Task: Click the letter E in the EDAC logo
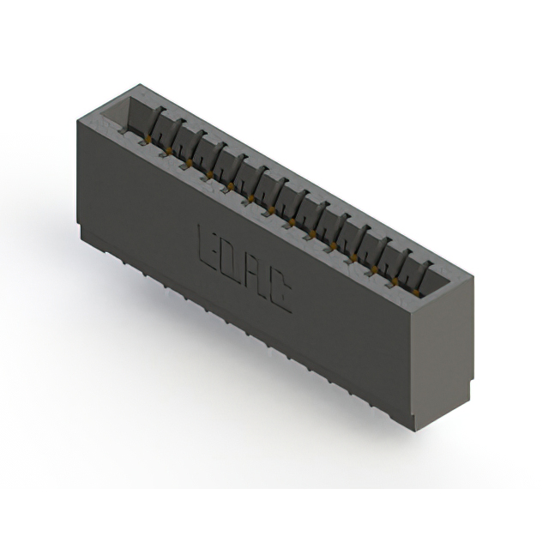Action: pyautogui.click(x=208, y=248)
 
